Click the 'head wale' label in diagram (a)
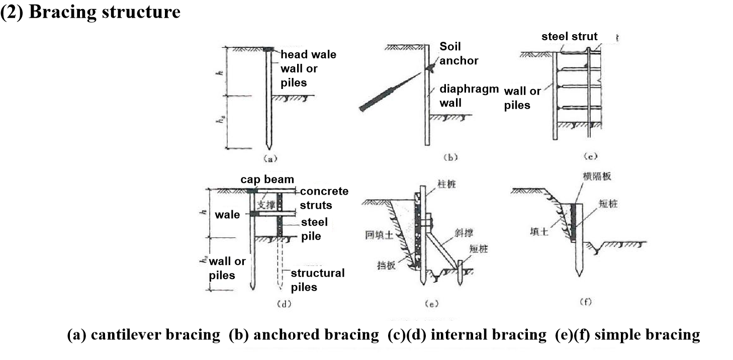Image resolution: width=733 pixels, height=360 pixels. [x=308, y=54]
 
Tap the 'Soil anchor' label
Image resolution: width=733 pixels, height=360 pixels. [x=459, y=53]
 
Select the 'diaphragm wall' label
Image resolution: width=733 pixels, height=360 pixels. [x=469, y=96]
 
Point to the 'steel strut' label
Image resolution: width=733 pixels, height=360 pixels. [x=569, y=36]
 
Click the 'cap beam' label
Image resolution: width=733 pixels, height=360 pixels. [x=267, y=179]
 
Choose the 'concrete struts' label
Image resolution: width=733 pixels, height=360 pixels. [x=324, y=198]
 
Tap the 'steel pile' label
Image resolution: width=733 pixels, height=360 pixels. [x=314, y=229]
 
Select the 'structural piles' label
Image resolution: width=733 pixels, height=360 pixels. [x=318, y=280]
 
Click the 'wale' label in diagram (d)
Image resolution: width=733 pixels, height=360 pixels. [x=227, y=215]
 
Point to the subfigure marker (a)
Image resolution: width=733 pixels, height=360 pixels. [x=270, y=159]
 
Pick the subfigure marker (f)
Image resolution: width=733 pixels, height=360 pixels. [x=586, y=302]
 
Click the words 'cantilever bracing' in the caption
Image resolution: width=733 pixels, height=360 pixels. [x=155, y=334]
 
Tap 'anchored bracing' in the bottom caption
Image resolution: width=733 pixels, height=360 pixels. [x=316, y=334]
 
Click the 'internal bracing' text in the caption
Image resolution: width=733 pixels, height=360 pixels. [x=488, y=334]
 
